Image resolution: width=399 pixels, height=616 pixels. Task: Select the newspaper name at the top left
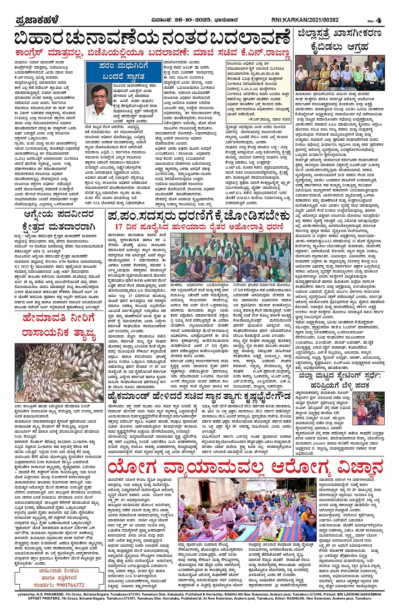coord(37,20)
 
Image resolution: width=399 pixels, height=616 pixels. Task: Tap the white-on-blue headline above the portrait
coord(123,71)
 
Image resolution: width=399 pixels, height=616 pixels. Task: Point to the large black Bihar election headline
coord(152,38)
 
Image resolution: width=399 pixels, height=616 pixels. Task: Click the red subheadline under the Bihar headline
coord(152,53)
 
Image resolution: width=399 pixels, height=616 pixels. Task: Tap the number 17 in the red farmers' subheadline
coord(119,227)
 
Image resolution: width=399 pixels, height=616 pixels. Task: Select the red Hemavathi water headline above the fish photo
coord(60,326)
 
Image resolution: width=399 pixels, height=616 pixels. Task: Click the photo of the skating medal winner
coord(368,408)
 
